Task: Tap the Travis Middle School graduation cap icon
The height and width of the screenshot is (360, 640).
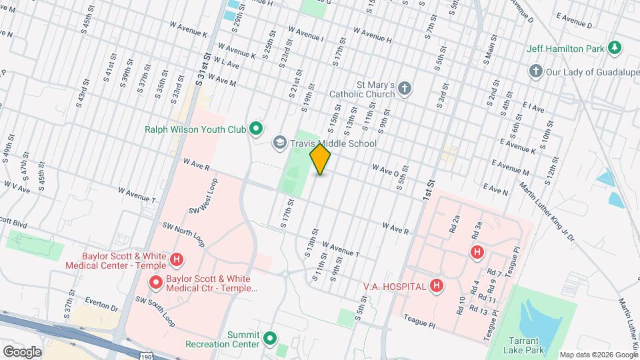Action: tap(280, 143)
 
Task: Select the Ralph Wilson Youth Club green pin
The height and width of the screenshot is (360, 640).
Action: tap(255, 128)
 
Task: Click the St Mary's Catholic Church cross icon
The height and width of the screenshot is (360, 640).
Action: tap(405, 89)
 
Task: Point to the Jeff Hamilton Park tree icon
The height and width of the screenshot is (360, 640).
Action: tap(615, 48)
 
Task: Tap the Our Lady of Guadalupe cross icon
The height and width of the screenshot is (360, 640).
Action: tap(535, 71)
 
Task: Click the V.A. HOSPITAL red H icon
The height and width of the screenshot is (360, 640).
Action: tap(436, 287)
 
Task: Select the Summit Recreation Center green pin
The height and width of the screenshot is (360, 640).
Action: tap(270, 339)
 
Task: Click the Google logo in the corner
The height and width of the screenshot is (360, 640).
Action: tap(23, 351)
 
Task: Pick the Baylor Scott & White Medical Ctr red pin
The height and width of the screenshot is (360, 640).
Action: tap(155, 283)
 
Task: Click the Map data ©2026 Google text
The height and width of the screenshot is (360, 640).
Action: tap(597, 355)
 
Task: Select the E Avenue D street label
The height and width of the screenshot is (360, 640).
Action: tap(573, 25)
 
